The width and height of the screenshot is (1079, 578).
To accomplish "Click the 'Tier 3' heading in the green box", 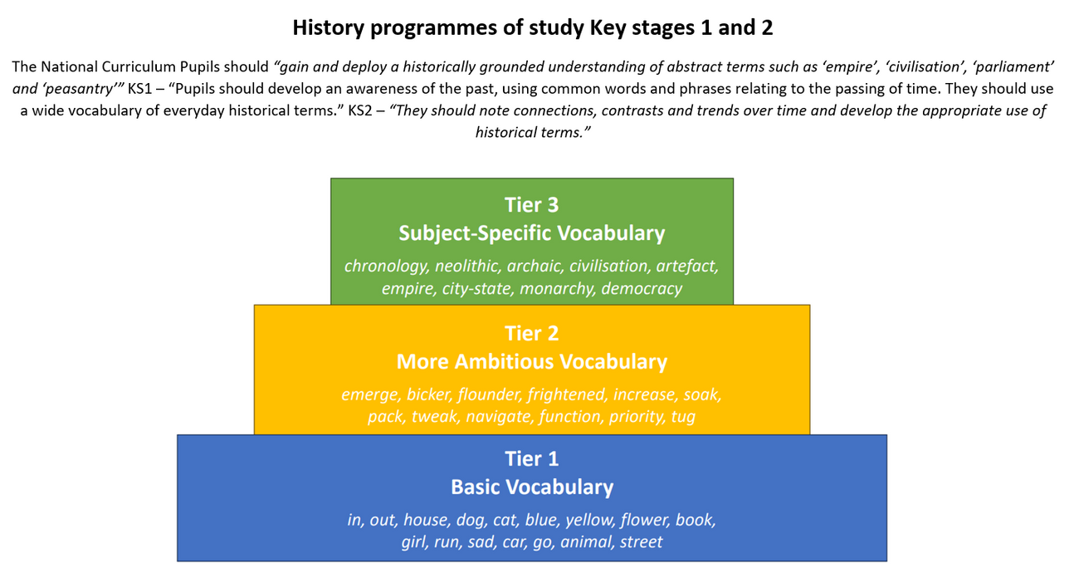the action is pyautogui.click(x=532, y=205).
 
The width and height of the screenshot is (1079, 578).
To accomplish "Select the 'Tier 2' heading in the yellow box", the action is pyautogui.click(x=532, y=334).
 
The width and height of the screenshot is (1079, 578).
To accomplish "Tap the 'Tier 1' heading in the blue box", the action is pyautogui.click(x=532, y=459).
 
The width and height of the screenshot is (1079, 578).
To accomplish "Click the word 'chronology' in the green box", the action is pyautogui.click(x=386, y=267).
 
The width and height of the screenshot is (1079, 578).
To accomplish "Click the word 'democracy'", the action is pyautogui.click(x=642, y=289).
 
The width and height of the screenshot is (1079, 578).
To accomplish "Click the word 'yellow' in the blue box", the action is pyautogui.click(x=590, y=520).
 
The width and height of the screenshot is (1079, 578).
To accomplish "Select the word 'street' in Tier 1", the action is pyautogui.click(x=641, y=542).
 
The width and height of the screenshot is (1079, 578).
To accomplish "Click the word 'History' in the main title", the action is pyautogui.click(x=328, y=28).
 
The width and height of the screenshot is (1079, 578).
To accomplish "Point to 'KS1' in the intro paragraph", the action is pyautogui.click(x=139, y=89).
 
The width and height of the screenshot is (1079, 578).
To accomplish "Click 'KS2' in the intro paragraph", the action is pyautogui.click(x=360, y=111).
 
